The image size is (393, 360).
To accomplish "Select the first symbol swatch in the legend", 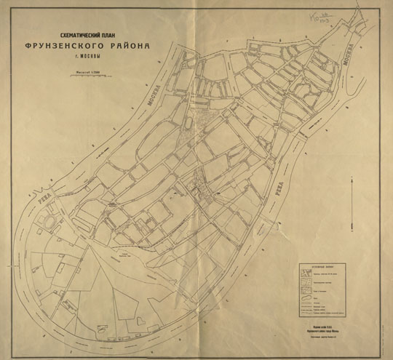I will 305,275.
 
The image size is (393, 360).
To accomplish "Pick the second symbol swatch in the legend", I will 305,281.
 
